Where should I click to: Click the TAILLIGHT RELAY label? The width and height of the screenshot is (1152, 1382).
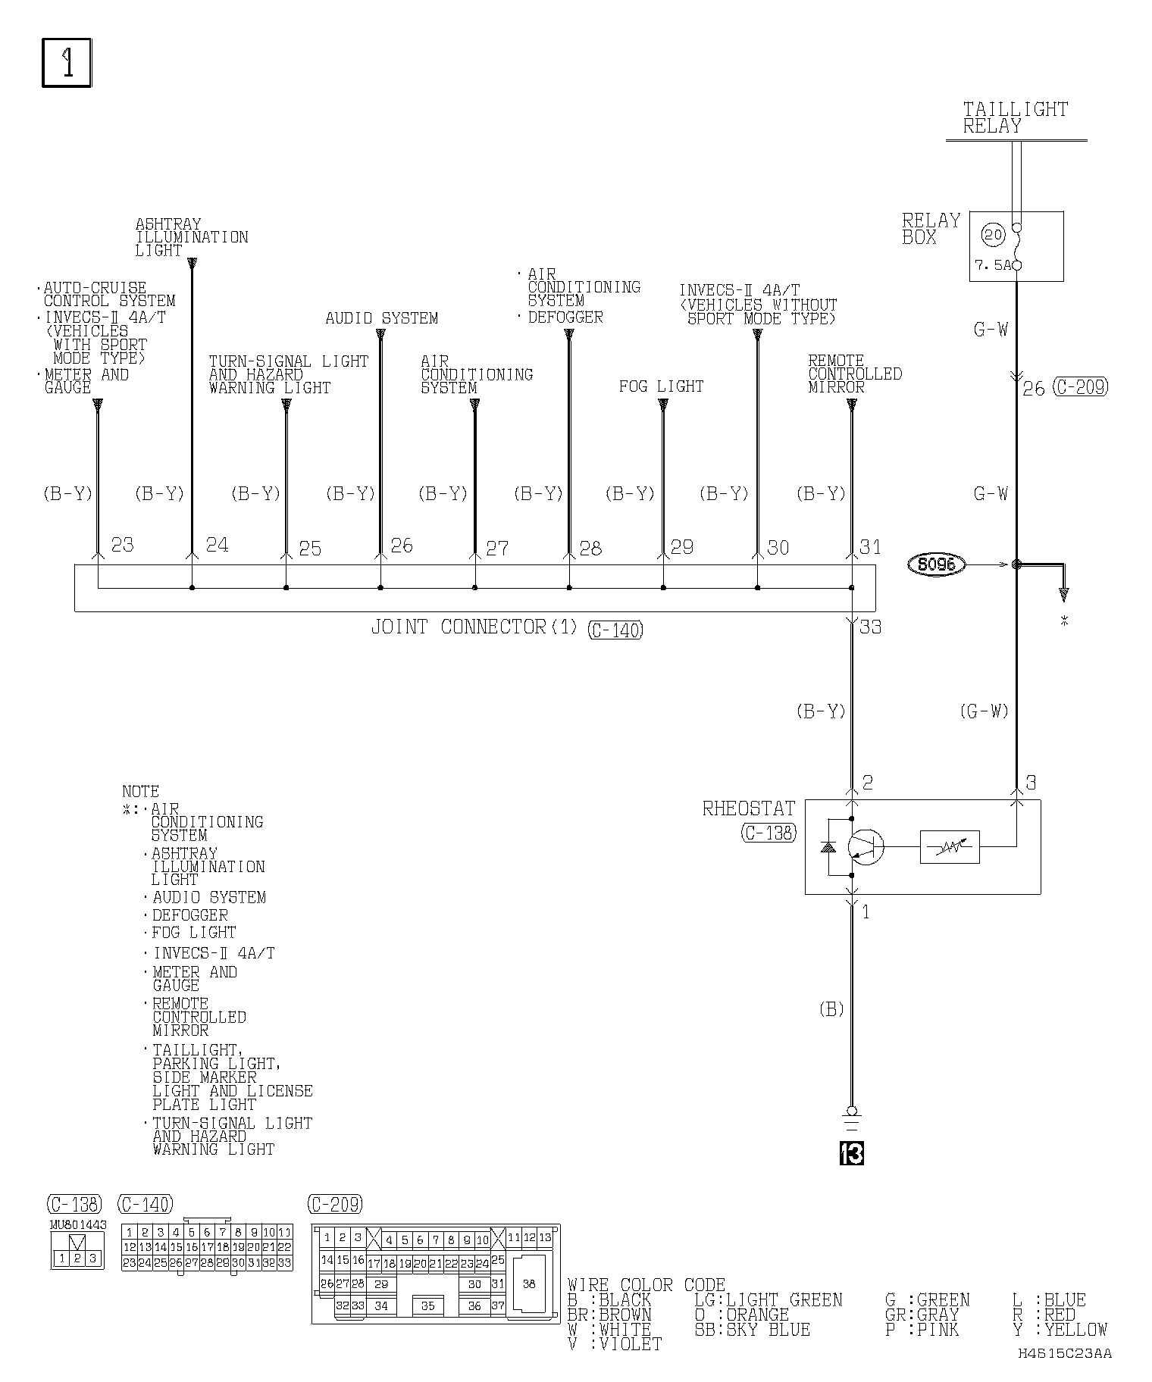(x=1015, y=117)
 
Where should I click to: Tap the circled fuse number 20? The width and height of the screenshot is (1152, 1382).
(x=992, y=235)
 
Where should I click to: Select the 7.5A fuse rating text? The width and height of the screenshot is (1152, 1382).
(x=992, y=265)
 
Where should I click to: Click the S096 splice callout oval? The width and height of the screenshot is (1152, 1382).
(x=937, y=564)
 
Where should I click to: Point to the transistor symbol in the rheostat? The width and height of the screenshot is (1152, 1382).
(x=865, y=846)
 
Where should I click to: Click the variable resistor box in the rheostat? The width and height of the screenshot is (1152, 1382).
(x=950, y=847)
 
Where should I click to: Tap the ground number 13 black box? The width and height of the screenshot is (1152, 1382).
(x=852, y=1154)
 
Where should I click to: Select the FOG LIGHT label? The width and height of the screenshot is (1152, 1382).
(x=661, y=386)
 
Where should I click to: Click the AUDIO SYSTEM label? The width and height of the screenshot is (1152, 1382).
(x=381, y=318)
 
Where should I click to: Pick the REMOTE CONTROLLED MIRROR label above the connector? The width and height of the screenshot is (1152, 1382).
(x=854, y=374)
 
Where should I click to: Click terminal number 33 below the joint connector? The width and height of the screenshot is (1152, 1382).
(x=871, y=627)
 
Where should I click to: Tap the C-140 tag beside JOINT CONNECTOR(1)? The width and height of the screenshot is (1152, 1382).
(x=615, y=630)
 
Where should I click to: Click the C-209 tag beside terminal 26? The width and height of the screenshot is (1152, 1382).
(x=1080, y=387)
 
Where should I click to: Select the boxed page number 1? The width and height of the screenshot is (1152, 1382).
(x=67, y=64)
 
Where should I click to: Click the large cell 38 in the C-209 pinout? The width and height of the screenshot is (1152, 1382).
(x=528, y=1284)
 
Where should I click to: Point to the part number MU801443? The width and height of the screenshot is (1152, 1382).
(x=78, y=1224)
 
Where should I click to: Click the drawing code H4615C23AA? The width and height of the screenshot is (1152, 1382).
(x=1064, y=1353)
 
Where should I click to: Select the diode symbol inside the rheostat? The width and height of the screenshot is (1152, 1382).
(x=828, y=846)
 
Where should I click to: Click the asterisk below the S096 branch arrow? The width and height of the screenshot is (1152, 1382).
(x=1064, y=621)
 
